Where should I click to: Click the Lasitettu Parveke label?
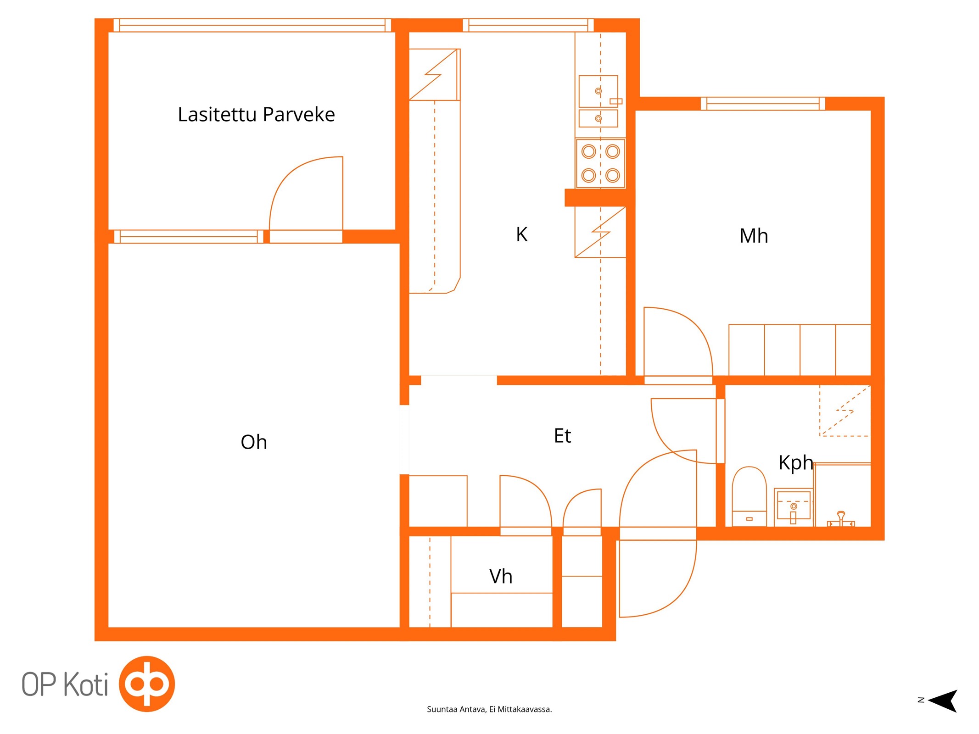[x=256, y=114]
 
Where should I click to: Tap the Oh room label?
[x=254, y=442]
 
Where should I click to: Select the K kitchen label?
[x=522, y=234]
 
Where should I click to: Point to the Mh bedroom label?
[x=754, y=235]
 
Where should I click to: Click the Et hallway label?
[x=562, y=435]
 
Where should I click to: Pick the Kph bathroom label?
[x=795, y=462]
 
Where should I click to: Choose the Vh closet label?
[x=501, y=576]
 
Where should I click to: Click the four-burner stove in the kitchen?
[x=600, y=163]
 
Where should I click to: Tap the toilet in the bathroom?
[x=749, y=496]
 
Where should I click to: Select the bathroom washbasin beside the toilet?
[x=794, y=507]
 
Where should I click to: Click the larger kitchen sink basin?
[x=598, y=91]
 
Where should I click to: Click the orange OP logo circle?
[x=147, y=684]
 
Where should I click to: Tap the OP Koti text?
[x=65, y=684]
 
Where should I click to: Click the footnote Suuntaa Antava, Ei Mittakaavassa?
[x=489, y=709]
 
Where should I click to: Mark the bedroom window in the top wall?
[x=763, y=104]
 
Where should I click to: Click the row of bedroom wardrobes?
[x=800, y=350]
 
